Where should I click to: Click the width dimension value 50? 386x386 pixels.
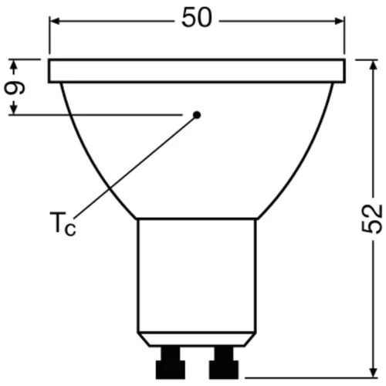pos(197,19)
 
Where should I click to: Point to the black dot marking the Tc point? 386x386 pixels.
pos(196,115)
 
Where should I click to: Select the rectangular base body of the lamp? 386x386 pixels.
pos(197,278)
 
